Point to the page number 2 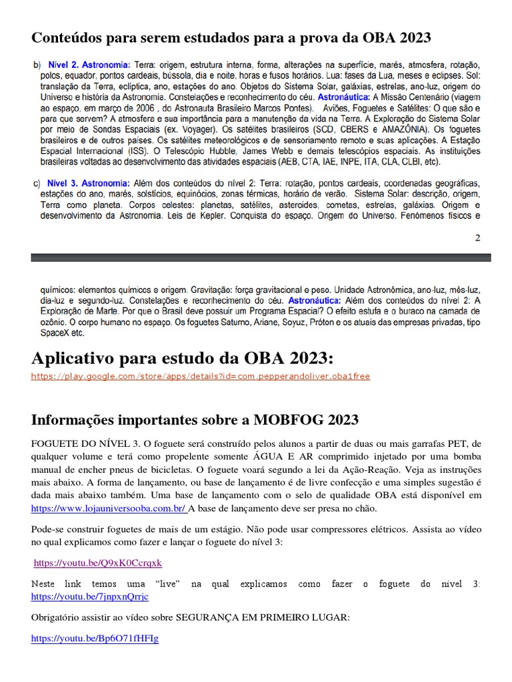tap(477, 237)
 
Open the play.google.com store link tap(200, 376)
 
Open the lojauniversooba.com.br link tap(108, 508)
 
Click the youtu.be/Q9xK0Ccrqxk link tap(98, 563)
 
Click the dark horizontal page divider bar tap(261, 257)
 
